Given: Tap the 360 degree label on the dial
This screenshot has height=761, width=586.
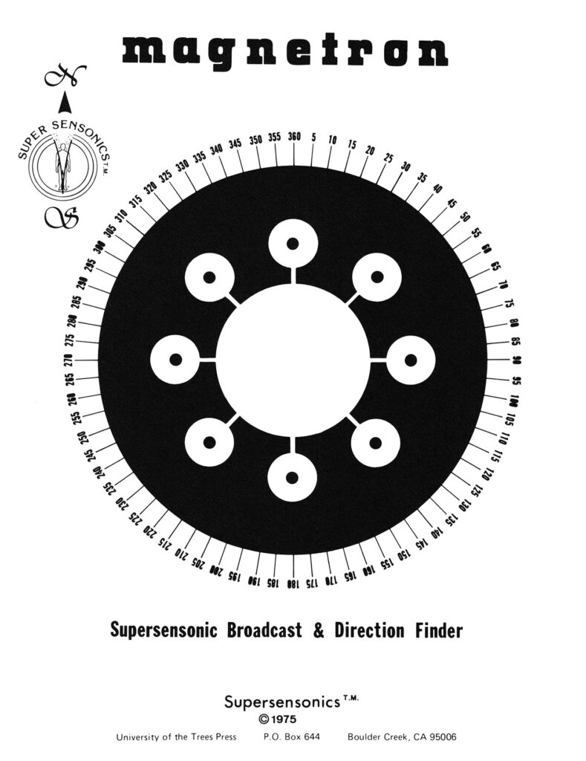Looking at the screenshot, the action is pyautogui.click(x=294, y=137).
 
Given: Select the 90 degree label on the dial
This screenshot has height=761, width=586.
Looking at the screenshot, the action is pyautogui.click(x=517, y=360).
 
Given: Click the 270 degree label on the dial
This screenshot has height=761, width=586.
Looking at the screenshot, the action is pyautogui.click(x=69, y=360).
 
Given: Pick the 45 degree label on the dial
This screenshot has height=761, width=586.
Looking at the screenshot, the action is pyautogui.click(x=451, y=204).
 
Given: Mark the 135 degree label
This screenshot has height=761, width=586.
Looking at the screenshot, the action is pyautogui.click(x=451, y=519).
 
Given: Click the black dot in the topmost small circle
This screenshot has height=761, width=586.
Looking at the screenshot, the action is pyautogui.click(x=293, y=244).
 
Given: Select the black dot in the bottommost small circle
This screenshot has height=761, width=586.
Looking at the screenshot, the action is pyautogui.click(x=292, y=478).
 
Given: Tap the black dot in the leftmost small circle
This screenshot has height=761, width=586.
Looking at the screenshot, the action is pyautogui.click(x=175, y=360).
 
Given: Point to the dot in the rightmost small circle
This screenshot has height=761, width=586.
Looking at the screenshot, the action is pyautogui.click(x=411, y=360).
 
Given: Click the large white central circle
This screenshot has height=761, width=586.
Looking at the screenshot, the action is pyautogui.click(x=293, y=360).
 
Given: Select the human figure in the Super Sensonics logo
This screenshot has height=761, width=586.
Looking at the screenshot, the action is pyautogui.click(x=62, y=166).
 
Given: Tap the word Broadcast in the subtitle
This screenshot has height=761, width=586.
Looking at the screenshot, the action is pyautogui.click(x=264, y=630).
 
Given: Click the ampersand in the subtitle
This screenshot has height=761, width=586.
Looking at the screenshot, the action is pyautogui.click(x=318, y=631).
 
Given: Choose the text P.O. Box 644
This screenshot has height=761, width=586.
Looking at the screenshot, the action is pyautogui.click(x=292, y=736).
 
